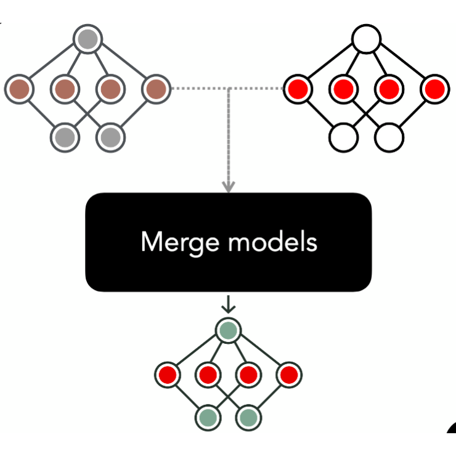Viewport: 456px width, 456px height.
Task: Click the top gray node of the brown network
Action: tap(88, 39)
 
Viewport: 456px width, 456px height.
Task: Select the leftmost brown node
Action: tap(20, 89)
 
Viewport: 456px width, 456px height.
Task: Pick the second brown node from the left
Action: tap(65, 89)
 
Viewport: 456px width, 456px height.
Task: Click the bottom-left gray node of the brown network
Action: tap(65, 137)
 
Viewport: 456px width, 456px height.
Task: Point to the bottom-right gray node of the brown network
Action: tap(110, 137)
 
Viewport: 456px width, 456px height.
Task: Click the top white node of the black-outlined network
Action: tap(367, 39)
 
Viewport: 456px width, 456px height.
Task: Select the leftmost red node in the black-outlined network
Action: tap(299, 89)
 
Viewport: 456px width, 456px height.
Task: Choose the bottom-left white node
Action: tap(344, 137)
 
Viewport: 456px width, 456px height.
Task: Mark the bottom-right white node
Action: tap(389, 137)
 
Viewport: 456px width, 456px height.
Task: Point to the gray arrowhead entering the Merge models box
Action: tap(229, 187)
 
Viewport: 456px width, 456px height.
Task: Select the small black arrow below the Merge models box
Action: tap(229, 304)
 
